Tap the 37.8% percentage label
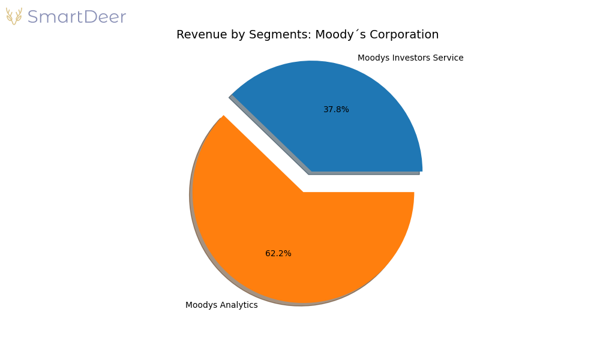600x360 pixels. click(336, 110)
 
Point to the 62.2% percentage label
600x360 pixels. click(278, 254)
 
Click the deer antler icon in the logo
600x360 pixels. click(14, 16)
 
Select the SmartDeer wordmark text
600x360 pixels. click(76, 17)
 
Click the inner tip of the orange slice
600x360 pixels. click(304, 192)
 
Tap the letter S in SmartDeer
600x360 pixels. click(33, 17)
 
